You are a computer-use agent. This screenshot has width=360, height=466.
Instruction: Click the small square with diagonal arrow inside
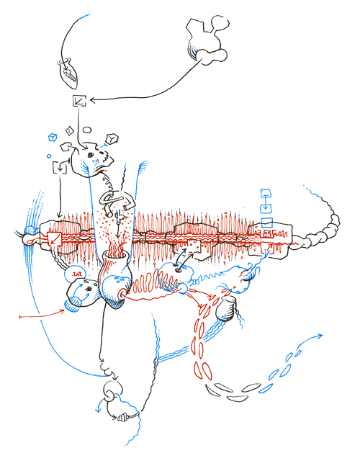click(79, 101)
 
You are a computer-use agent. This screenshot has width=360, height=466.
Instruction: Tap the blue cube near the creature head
click(51, 135)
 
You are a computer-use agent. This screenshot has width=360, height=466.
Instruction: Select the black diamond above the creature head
click(68, 131)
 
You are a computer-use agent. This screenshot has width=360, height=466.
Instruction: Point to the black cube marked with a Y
click(112, 138)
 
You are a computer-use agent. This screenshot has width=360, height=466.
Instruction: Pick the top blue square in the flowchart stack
click(265, 194)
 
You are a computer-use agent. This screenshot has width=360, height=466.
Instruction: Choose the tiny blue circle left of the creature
click(50, 156)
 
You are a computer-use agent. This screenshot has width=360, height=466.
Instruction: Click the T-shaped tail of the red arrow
click(21, 315)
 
